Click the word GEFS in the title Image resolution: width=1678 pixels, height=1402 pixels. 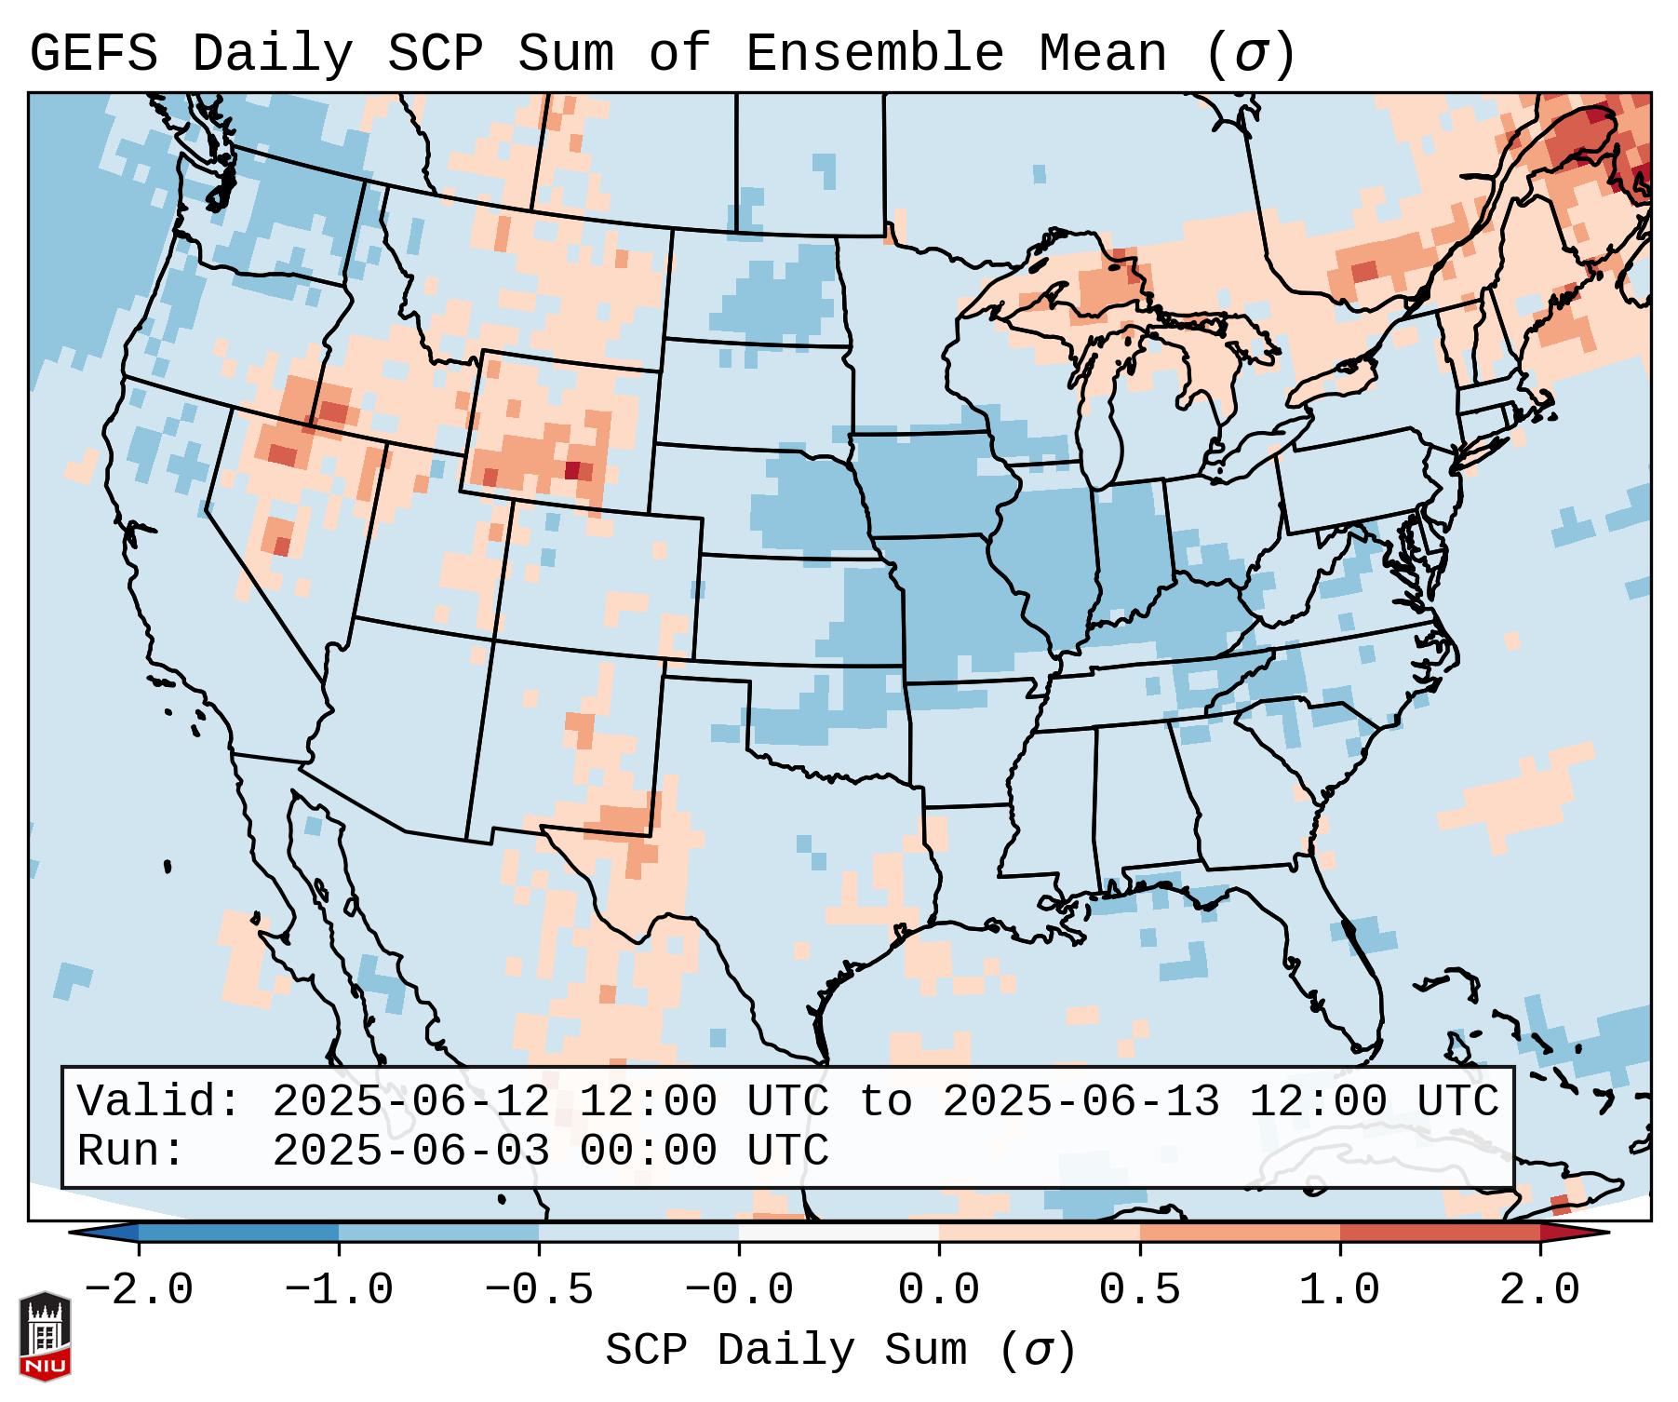(93, 54)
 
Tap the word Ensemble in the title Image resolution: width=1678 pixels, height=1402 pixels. (874, 54)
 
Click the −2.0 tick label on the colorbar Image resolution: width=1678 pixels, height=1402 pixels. (139, 1290)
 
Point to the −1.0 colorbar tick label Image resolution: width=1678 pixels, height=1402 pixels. (339, 1290)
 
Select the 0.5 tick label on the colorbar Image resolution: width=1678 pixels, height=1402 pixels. (1139, 1290)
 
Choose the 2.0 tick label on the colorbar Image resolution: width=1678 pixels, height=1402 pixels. (1539, 1290)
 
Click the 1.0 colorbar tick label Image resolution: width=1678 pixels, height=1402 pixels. (1339, 1290)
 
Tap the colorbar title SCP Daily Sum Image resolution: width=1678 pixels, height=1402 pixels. (785, 1351)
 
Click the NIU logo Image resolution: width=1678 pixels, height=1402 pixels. (45, 1336)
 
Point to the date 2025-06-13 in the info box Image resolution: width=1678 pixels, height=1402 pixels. (1081, 1101)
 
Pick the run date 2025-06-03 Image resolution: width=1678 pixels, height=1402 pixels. (410, 1151)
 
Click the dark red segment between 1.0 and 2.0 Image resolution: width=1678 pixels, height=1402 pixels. (1439, 1233)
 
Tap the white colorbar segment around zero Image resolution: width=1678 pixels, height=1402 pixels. (839, 1233)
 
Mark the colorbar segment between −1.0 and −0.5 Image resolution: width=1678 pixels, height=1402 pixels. (438, 1233)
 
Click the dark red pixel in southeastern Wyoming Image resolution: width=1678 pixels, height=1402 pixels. (573, 470)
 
